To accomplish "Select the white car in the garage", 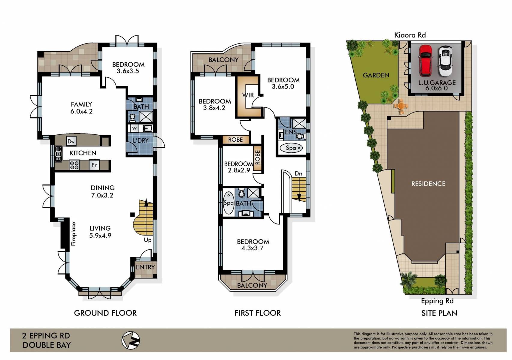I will click(x=445, y=61).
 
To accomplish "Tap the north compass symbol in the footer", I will click(x=131, y=340).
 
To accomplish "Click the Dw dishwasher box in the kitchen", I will click(x=71, y=141).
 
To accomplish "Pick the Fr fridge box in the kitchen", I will click(x=94, y=165).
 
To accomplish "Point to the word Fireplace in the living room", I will click(x=74, y=234).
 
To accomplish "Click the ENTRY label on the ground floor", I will click(x=145, y=267).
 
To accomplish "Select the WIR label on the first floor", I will click(x=248, y=95).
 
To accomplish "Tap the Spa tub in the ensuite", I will click(x=291, y=148).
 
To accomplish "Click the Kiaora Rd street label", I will click(x=410, y=35).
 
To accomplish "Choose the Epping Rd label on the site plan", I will click(x=437, y=301).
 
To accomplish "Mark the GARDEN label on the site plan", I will click(x=376, y=75).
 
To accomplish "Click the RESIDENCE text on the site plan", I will click(x=428, y=184).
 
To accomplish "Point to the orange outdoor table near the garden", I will click(x=401, y=106).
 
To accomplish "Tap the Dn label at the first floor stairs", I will click(x=298, y=173).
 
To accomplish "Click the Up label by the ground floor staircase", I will click(x=147, y=240).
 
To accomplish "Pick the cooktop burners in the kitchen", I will click(x=74, y=165).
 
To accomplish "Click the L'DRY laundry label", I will click(x=141, y=140).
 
